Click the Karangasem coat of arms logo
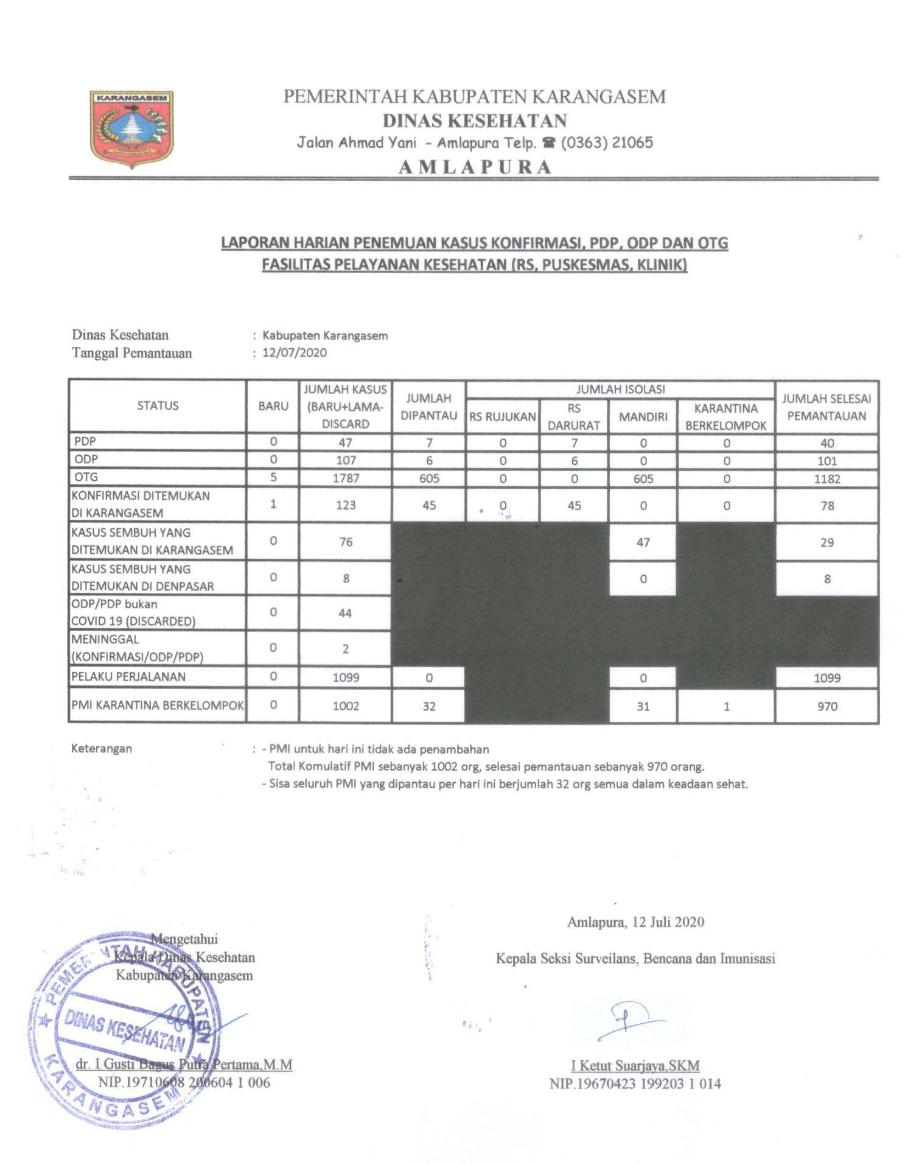pyautogui.click(x=131, y=129)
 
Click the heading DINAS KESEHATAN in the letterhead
pyautogui.click(x=474, y=121)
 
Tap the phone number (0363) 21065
pyautogui.click(x=607, y=143)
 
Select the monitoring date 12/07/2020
pyautogui.click(x=295, y=353)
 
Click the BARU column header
pyautogui.click(x=273, y=406)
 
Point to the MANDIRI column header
pyautogui.click(x=643, y=417)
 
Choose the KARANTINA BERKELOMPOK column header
pyautogui.click(x=725, y=417)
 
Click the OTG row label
pyautogui.click(x=86, y=477)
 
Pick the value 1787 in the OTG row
pyautogui.click(x=345, y=478)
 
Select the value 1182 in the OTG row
pyautogui.click(x=826, y=479)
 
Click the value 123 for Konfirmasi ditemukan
pyautogui.click(x=345, y=505)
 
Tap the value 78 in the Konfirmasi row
pyautogui.click(x=826, y=506)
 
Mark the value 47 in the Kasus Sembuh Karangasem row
pyautogui.click(x=643, y=542)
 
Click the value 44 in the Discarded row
pyautogui.click(x=345, y=613)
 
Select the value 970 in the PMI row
pyautogui.click(x=826, y=707)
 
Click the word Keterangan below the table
pyautogui.click(x=102, y=749)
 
